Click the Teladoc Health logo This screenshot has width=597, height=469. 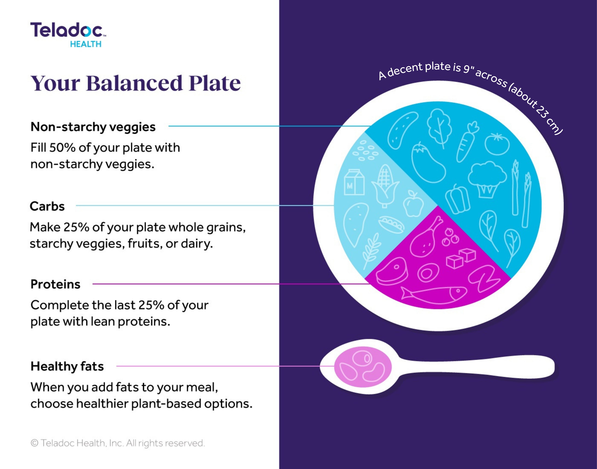pyautogui.click(x=68, y=35)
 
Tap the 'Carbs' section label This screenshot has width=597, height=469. pyautogui.click(x=47, y=206)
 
